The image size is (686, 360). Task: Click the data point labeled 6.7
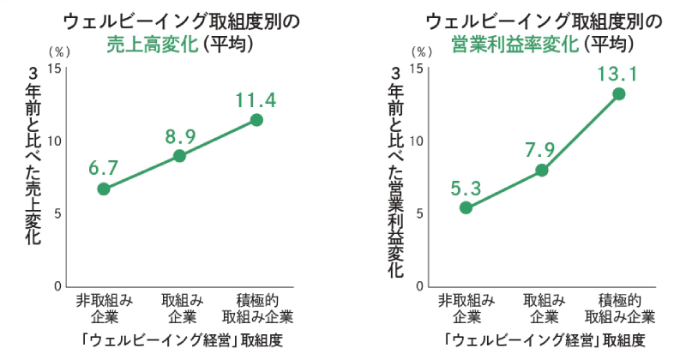(104, 189)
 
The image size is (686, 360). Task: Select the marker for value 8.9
(179, 155)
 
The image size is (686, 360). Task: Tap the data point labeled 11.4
(256, 120)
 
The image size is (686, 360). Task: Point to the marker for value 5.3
(466, 207)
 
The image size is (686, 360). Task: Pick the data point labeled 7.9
(542, 170)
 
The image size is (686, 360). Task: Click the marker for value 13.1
(618, 93)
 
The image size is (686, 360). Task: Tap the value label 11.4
(256, 100)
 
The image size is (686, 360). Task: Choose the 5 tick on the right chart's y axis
(418, 213)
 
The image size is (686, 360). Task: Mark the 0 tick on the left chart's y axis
(57, 286)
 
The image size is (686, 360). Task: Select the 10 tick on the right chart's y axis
(417, 141)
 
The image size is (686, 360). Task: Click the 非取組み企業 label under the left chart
(104, 307)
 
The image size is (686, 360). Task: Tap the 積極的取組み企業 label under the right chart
(619, 307)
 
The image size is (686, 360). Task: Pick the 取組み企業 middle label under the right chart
(542, 307)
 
